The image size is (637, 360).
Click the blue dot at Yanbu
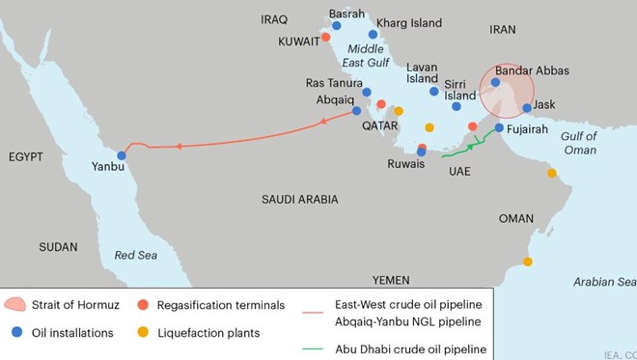tap(122, 155)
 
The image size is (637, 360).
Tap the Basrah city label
tap(347, 14)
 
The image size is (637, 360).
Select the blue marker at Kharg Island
tap(373, 34)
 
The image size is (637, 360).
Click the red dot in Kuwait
tap(326, 37)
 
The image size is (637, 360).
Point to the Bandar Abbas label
tap(532, 70)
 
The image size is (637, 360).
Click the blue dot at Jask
tap(527, 109)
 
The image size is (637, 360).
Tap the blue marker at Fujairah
tap(499, 127)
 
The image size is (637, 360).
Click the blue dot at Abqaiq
tap(356, 111)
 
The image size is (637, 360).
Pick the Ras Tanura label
tap(334, 82)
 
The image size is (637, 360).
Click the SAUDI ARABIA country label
tap(300, 199)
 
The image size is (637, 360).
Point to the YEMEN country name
tap(391, 279)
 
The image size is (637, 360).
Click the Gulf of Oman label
tap(579, 143)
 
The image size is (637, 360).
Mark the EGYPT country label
tap(28, 156)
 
